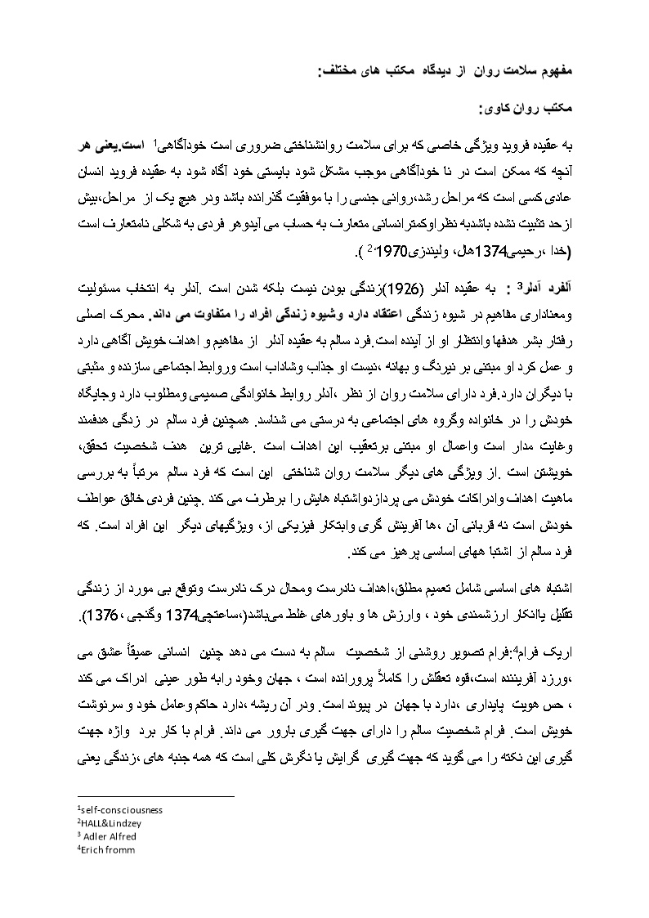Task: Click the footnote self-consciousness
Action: tap(119, 809)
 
